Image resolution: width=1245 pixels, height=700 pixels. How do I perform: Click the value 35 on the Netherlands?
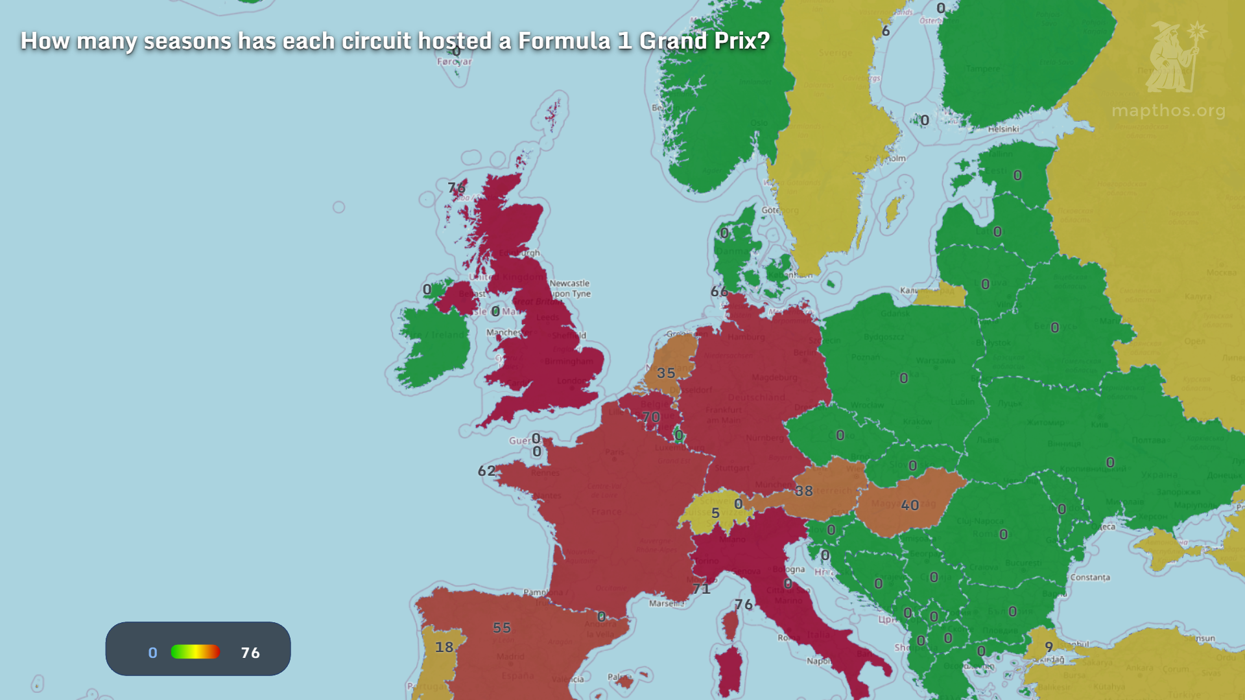click(666, 373)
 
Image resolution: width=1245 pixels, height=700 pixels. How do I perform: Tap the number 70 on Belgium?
click(651, 417)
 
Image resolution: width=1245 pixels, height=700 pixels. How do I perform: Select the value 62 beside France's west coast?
click(486, 471)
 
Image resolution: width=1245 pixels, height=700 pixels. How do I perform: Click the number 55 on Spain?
click(501, 628)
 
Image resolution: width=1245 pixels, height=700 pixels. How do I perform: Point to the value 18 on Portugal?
click(444, 647)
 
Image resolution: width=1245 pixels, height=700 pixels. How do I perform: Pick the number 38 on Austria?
click(804, 491)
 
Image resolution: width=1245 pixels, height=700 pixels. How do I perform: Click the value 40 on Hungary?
click(910, 506)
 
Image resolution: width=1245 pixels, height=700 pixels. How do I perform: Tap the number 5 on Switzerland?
click(715, 513)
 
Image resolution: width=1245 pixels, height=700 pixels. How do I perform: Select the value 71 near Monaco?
click(701, 589)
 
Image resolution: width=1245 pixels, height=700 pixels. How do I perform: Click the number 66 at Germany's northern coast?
click(719, 292)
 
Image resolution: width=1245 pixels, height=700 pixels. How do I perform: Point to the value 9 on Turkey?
click(1049, 647)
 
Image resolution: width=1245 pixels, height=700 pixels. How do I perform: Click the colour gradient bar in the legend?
click(195, 652)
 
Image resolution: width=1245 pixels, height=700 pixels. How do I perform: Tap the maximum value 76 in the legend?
click(250, 653)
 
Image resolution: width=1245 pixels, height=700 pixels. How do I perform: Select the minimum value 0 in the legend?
click(152, 653)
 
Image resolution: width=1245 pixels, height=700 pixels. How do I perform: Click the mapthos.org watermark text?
click(1168, 111)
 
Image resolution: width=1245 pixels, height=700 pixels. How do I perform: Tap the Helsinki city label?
click(1003, 129)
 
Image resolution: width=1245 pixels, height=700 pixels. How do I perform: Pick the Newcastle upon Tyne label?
click(570, 288)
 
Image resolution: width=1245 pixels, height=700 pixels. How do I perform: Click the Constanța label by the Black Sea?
click(1089, 577)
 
